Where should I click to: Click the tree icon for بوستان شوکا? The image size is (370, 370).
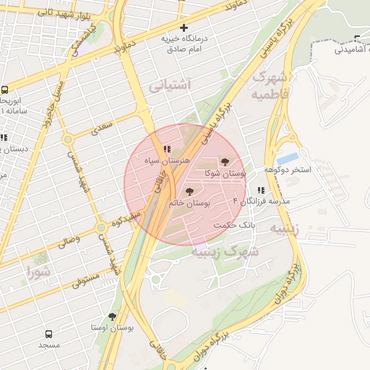225,162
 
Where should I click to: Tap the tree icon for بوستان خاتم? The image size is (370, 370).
190,192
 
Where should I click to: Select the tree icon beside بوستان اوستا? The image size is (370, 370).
112,316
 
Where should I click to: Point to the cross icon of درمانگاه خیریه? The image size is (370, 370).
184,27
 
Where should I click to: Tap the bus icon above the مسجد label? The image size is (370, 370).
48,335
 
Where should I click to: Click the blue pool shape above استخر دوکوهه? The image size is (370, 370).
287,158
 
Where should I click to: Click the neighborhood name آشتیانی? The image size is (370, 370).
170,85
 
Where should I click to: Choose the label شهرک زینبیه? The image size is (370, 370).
225,251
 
